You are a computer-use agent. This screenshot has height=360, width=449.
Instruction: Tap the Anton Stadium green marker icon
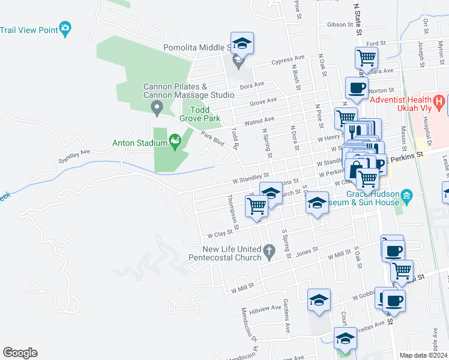coord(175,142)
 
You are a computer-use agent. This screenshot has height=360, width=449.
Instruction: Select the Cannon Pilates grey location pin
coord(157,109)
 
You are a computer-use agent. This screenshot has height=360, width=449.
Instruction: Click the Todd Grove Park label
coord(208,114)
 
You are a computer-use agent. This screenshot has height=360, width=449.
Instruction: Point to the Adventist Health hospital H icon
coord(439,103)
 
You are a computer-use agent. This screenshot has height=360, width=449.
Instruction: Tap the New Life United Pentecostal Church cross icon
coord(270,252)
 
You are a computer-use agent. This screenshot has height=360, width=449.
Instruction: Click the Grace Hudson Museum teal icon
coord(406,196)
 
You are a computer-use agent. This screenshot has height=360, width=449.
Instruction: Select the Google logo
coord(20,353)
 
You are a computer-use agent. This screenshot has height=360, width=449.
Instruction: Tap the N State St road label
coord(358,15)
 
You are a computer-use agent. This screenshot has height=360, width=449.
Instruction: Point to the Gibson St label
coord(340,25)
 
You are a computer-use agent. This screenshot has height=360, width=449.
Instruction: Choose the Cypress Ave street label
coord(288,59)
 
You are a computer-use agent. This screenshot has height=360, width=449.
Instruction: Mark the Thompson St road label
coord(233,212)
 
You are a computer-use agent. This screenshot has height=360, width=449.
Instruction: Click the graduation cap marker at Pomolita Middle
coord(242,43)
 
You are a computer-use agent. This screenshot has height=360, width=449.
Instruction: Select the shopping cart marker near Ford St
coord(366,58)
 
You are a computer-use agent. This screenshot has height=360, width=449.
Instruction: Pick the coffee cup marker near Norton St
coord(357,88)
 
